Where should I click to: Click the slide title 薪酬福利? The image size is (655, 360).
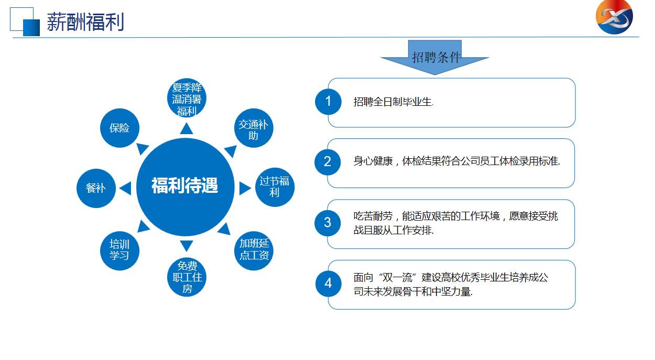[x=85, y=22]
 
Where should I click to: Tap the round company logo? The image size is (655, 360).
[x=614, y=17]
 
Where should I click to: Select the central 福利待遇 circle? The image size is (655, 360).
[x=185, y=187]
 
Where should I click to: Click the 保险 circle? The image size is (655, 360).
[x=119, y=128]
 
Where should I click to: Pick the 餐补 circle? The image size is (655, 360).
[x=96, y=188]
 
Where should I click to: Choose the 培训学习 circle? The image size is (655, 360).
[x=119, y=250]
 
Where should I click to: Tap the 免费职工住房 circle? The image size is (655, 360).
[x=187, y=277]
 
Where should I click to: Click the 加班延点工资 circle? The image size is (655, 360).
[x=254, y=250]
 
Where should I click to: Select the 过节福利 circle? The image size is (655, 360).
[x=275, y=187]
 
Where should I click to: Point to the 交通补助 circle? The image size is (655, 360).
[x=254, y=128]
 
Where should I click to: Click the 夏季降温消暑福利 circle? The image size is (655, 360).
[x=187, y=97]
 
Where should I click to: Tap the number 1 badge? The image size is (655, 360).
[x=328, y=102]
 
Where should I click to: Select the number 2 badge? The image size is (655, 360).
[x=327, y=162]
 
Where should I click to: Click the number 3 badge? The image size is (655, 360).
[x=327, y=223]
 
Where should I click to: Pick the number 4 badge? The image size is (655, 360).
[x=329, y=283]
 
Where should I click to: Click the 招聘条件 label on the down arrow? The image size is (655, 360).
[x=436, y=57]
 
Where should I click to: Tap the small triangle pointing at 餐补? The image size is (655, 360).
[x=125, y=188]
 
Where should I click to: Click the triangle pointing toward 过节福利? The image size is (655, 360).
[x=245, y=188]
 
